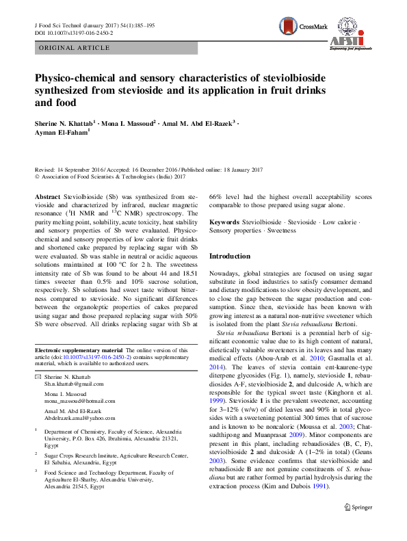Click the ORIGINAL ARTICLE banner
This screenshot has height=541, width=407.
pos(75,49)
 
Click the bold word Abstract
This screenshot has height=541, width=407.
pos(47,196)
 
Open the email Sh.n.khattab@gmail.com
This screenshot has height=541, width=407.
pos(73,384)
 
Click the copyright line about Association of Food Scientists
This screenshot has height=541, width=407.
pos(110,176)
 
